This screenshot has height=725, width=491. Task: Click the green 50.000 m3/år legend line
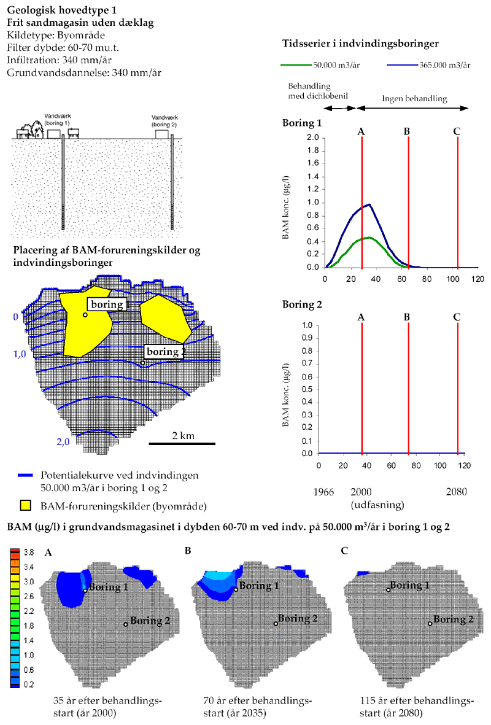pos(294,64)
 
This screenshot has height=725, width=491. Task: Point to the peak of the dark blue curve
pos(369,204)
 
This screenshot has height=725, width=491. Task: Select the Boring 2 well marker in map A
pos(126,624)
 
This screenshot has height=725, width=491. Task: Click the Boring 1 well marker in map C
pos(389,590)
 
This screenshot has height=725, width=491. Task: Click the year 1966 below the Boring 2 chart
pos(325,492)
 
